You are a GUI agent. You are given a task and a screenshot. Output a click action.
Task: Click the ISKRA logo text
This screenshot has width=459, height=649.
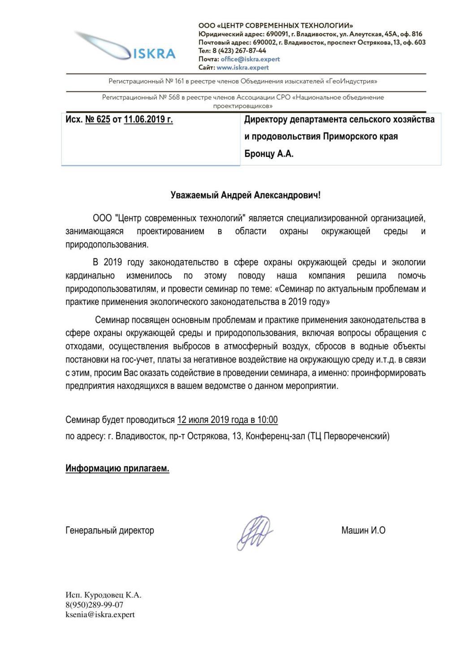(155, 54)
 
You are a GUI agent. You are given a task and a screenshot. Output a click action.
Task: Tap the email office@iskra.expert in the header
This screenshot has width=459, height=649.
(250, 59)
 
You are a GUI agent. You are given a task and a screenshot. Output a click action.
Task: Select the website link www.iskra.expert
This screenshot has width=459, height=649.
(242, 68)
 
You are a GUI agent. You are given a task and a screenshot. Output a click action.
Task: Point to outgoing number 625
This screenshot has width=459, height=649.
(104, 120)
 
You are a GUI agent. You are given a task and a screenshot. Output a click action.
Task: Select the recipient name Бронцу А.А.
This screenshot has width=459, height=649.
(269, 153)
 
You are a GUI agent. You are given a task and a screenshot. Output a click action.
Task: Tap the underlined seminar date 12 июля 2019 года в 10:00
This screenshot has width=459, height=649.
(227, 420)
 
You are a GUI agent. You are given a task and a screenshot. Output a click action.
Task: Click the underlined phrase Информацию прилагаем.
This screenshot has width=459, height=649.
(117, 469)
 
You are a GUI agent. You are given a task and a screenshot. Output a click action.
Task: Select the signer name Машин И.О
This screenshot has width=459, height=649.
(363, 531)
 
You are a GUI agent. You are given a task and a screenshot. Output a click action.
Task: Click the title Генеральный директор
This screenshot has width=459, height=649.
(110, 531)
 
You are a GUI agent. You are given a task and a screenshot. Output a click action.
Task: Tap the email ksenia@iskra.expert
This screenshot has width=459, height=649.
(100, 615)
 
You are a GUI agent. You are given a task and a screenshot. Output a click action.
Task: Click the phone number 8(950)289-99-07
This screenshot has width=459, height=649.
(94, 605)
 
